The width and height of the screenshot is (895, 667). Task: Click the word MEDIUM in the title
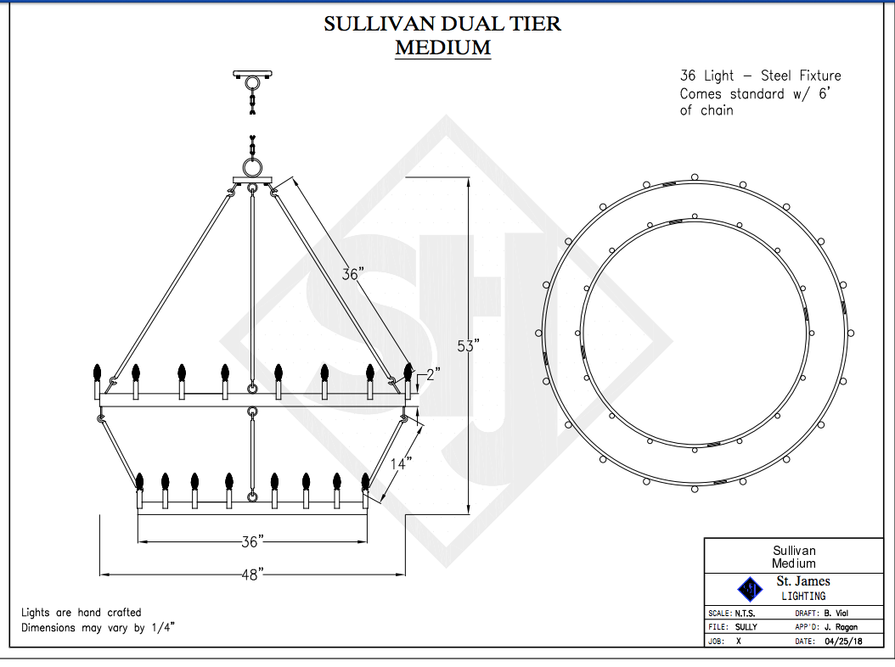tap(443, 48)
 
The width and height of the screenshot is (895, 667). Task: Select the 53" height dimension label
tap(468, 345)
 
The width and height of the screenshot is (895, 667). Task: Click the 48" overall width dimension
tap(252, 574)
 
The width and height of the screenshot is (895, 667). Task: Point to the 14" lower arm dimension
tap(401, 463)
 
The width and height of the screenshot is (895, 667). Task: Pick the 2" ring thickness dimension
tap(433, 374)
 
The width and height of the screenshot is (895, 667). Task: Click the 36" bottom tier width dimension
tap(252, 541)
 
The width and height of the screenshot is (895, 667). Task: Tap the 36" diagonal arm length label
tap(352, 274)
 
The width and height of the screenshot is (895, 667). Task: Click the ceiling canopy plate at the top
tap(252, 74)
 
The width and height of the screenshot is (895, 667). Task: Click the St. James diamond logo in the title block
tap(750, 589)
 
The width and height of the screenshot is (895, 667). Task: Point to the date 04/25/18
tap(843, 641)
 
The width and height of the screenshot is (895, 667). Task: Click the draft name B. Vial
tap(836, 614)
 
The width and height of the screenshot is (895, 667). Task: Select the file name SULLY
tap(746, 627)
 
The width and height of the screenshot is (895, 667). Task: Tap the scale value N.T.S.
tap(745, 614)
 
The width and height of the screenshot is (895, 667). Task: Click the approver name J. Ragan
tap(841, 627)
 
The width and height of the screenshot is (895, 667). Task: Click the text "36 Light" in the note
tap(706, 76)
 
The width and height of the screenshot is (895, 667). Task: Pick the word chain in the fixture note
tap(717, 110)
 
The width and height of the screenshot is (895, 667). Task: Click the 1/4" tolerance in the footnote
tap(163, 628)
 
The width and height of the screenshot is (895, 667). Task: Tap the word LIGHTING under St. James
tap(803, 597)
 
